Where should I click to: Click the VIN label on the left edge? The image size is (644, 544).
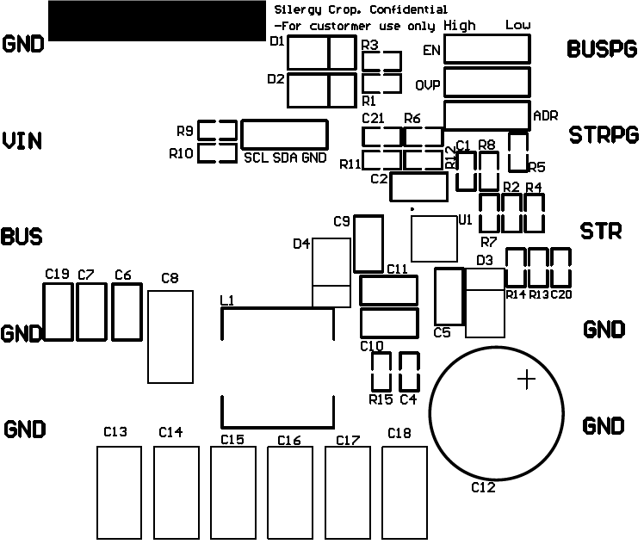pos(22,140)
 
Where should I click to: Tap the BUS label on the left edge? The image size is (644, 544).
pos(22,236)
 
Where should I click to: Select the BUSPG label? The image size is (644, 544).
pos(602,49)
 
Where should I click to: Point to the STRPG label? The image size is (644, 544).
pos(603,135)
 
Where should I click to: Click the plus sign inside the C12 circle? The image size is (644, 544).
pos(526,379)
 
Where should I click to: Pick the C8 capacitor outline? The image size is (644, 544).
pos(170,337)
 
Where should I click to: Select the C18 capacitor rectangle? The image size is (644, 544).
pos(404,492)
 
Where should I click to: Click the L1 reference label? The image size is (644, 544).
pos(227,300)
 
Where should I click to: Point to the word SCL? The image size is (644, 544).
pos(257,158)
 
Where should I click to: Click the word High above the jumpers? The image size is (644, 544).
pos(461,26)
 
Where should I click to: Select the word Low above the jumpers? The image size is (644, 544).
pos(517,25)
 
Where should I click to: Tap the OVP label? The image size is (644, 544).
pos(428,86)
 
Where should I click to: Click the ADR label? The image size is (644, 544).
pos(546,114)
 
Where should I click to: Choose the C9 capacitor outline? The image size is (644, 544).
pos(368,244)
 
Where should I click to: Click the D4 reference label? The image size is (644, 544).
pos(301,244)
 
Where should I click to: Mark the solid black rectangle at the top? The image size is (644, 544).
pos(157,21)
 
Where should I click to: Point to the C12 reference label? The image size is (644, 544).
pos(483,488)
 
